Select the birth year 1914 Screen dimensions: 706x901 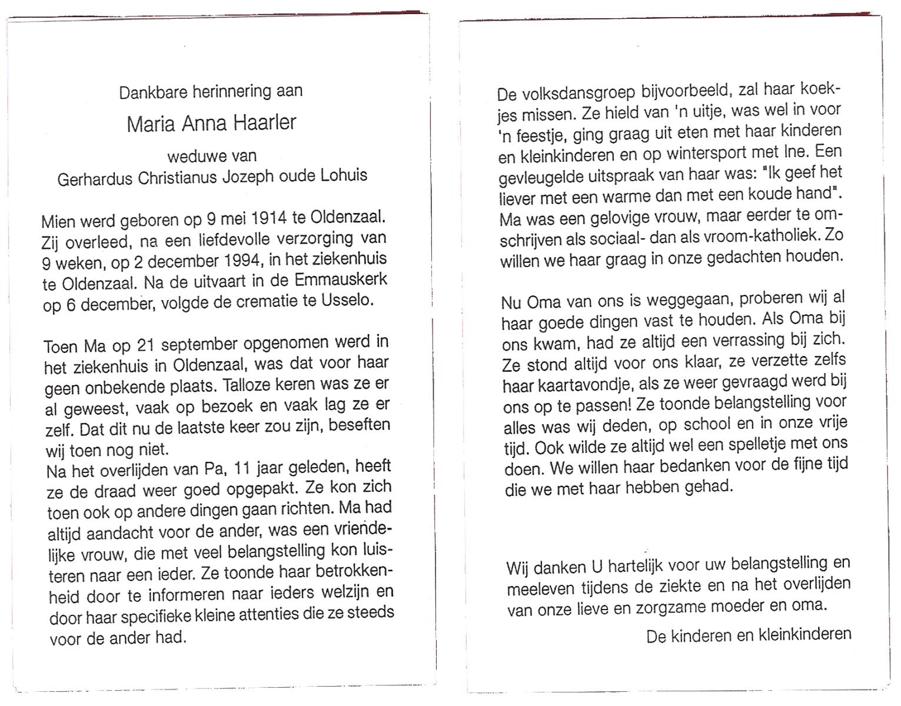click(x=268, y=218)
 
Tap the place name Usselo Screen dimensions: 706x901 click(x=348, y=300)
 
